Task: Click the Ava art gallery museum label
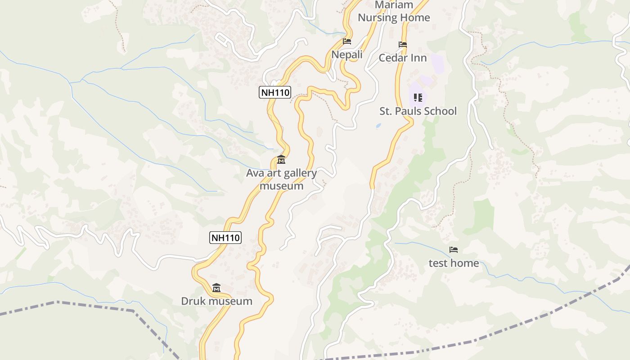[281, 179]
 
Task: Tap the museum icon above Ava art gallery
[281, 159]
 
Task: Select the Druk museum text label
[216, 301]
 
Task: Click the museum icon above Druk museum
[216, 288]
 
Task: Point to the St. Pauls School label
[418, 111]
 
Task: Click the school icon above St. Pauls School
[418, 97]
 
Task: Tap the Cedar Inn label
[403, 58]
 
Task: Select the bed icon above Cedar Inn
[403, 45]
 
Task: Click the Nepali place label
[347, 54]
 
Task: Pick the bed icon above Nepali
[347, 41]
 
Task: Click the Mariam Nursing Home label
[394, 11]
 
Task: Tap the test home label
[454, 263]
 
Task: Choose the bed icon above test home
[454, 250]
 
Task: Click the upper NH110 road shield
[275, 92]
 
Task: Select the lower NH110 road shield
[225, 237]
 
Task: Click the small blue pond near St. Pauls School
[378, 125]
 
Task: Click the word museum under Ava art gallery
[282, 186]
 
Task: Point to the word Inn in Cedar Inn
[419, 58]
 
